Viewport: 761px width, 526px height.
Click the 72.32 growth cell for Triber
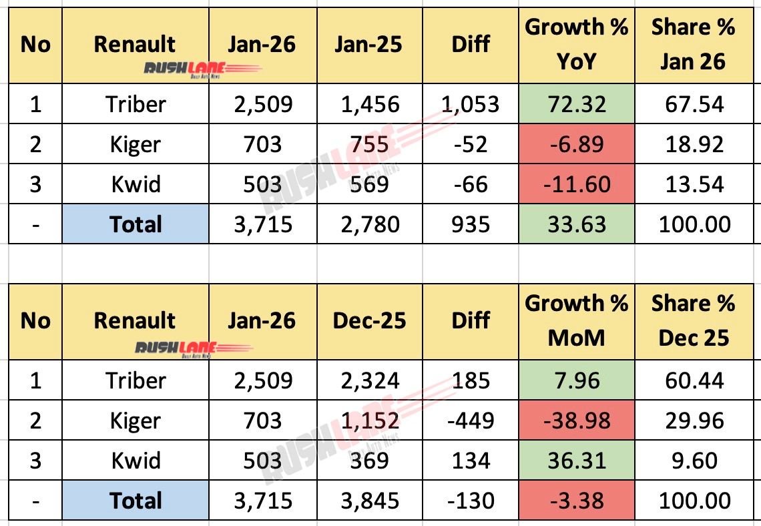coord(577,104)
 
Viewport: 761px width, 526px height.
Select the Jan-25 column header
coord(368,45)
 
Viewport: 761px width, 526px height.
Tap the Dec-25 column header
coord(368,320)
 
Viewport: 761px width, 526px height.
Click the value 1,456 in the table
coord(368,104)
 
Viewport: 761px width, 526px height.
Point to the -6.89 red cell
coord(577,144)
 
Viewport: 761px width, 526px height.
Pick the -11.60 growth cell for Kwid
coord(577,184)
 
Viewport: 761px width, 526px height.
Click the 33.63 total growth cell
coord(577,224)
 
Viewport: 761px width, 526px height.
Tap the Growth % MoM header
coord(577,320)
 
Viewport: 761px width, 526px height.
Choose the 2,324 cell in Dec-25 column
coord(368,380)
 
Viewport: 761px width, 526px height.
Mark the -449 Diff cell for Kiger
coord(471,421)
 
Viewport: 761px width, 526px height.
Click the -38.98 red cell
coord(577,421)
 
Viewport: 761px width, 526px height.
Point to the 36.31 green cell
coord(577,461)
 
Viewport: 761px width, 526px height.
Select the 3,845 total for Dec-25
coord(368,501)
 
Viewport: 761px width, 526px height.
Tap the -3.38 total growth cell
coord(577,501)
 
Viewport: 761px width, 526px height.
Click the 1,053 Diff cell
coord(471,104)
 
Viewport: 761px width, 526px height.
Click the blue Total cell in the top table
coord(136,224)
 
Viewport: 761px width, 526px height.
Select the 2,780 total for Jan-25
coord(368,224)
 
